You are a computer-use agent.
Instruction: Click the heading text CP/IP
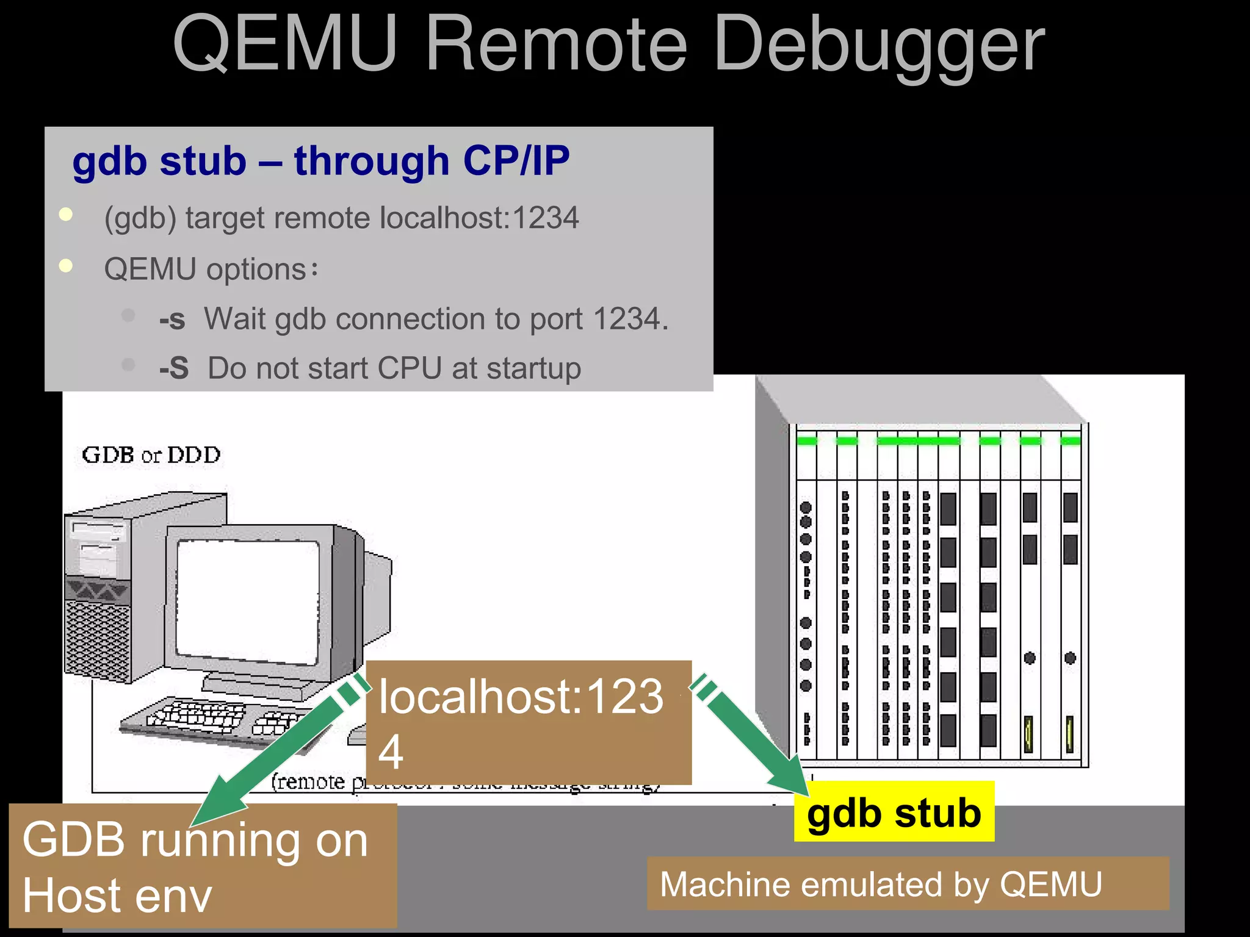[x=516, y=162]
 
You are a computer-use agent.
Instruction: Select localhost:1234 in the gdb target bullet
[x=479, y=218]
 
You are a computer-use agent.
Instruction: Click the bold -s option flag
[x=172, y=320]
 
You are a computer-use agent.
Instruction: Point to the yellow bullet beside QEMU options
[x=66, y=266]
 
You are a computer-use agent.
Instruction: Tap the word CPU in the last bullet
[x=410, y=368]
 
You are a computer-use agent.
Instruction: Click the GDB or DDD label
[x=151, y=455]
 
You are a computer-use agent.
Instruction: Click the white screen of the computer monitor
[x=247, y=600]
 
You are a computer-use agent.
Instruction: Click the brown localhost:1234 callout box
[x=529, y=722]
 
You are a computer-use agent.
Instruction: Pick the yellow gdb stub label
[x=894, y=813]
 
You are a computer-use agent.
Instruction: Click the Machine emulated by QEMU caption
[x=881, y=884]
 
